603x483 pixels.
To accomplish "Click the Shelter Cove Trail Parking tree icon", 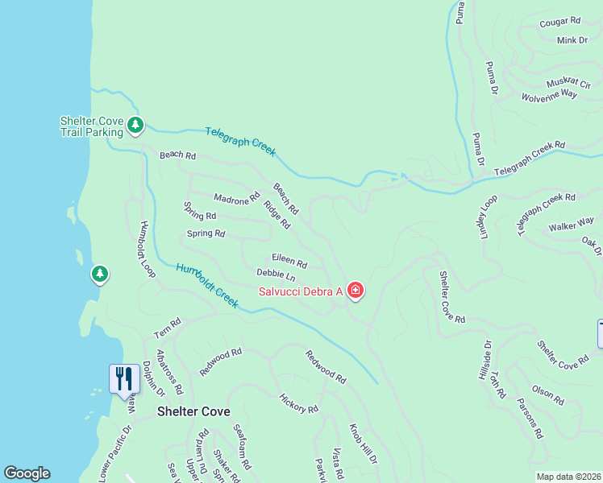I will pos(135,126).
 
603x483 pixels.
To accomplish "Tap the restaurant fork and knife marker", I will pos(123,378).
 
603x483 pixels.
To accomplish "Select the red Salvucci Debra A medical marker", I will pos(356,291).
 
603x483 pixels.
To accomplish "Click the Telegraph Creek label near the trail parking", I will pos(240,141).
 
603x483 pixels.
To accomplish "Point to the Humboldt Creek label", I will pos(207,286).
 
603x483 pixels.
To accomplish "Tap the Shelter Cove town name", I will pos(193,411).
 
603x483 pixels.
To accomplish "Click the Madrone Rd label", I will pos(236,197).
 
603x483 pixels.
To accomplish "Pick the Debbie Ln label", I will pos(276,276).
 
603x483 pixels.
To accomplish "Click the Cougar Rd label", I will pos(559,21).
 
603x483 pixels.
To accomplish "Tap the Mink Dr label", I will pos(573,39).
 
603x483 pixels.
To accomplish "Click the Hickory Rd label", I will pos(297,403).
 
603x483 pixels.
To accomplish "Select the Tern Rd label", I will pos(168,327).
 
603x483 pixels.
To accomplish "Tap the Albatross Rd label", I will pos(170,372).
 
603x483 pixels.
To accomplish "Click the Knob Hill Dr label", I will pos(363,444).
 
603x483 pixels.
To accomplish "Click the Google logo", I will pos(27,473).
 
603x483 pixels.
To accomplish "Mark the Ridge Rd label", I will pos(276,214).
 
